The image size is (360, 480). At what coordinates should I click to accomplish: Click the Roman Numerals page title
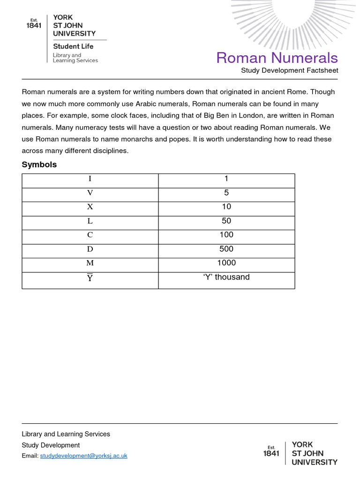[277, 58]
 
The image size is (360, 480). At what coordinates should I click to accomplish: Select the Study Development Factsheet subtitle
[289, 70]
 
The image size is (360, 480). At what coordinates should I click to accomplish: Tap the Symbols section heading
[39, 165]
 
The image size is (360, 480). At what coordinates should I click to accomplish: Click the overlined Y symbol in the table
[90, 279]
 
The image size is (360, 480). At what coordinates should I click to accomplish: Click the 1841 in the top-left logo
[34, 26]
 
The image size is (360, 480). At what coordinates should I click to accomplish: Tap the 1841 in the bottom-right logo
[271, 453]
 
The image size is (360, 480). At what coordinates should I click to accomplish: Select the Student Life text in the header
[73, 46]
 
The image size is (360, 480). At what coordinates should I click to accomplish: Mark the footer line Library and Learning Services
[66, 434]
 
